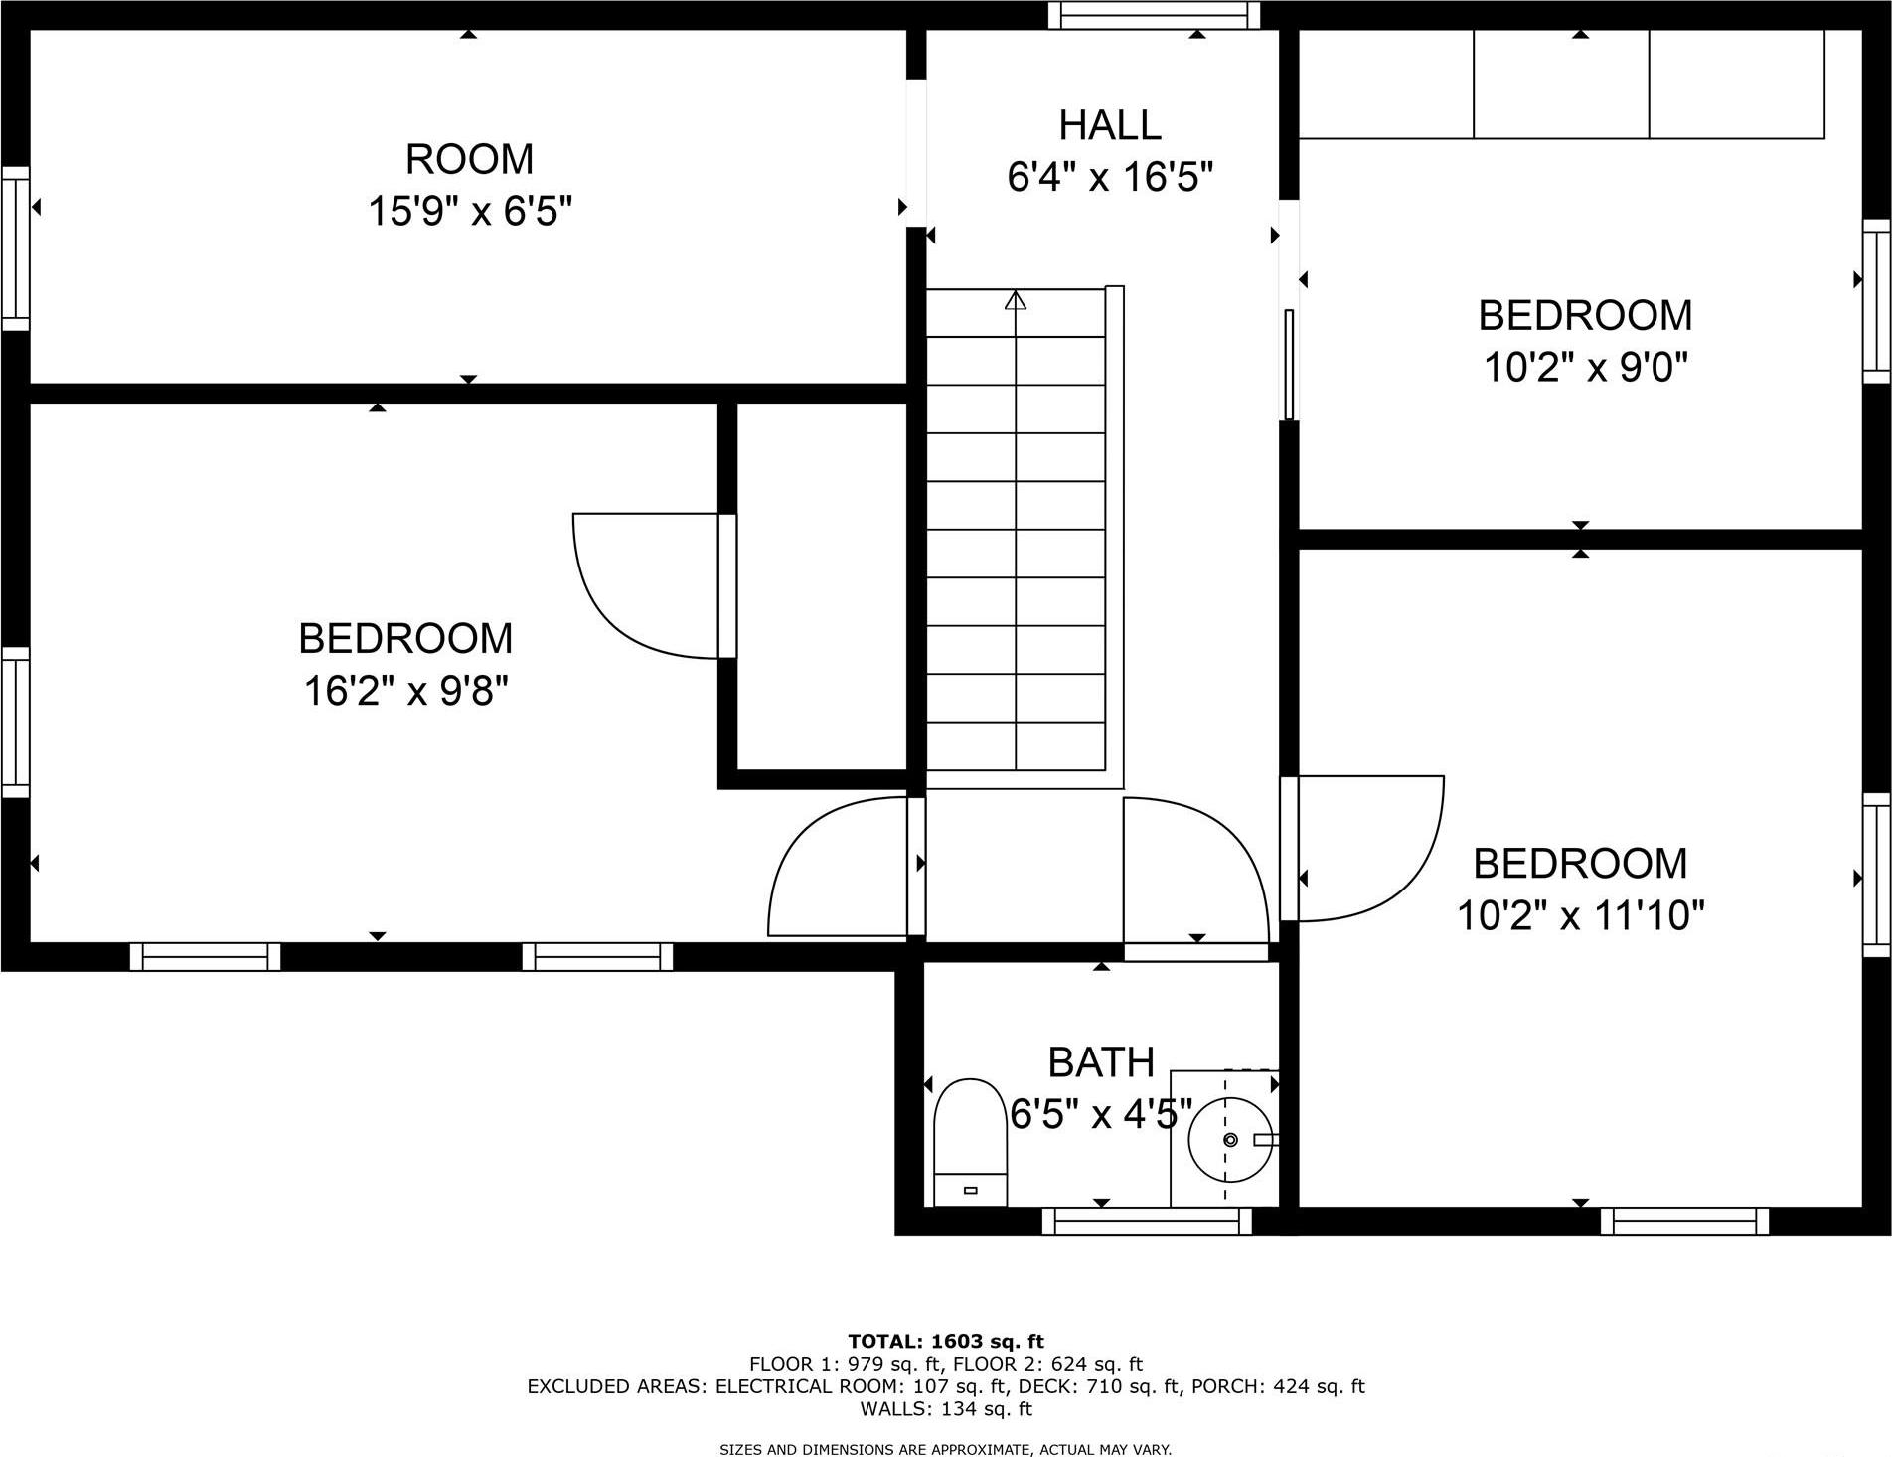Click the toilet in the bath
pyautogui.click(x=971, y=1141)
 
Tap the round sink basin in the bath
pyautogui.click(x=1230, y=1140)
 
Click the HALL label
pyautogui.click(x=1110, y=125)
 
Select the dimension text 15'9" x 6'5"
pyautogui.click(x=470, y=211)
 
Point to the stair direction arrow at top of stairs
pyautogui.click(x=1015, y=299)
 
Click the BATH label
pyautogui.click(x=1101, y=1062)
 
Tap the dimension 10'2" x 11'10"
pyautogui.click(x=1580, y=915)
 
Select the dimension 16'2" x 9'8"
pyautogui.click(x=405, y=690)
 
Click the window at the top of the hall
pyautogui.click(x=1154, y=15)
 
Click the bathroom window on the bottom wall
pyautogui.click(x=1146, y=1220)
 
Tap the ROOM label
pyautogui.click(x=469, y=159)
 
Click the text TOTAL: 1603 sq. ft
pyautogui.click(x=945, y=1342)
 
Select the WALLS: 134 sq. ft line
pyautogui.click(x=945, y=1408)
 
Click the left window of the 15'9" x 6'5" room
pyautogui.click(x=15, y=248)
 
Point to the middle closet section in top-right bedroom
pyautogui.click(x=1561, y=84)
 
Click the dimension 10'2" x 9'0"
pyautogui.click(x=1586, y=369)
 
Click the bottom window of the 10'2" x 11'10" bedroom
pyautogui.click(x=1684, y=1220)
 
